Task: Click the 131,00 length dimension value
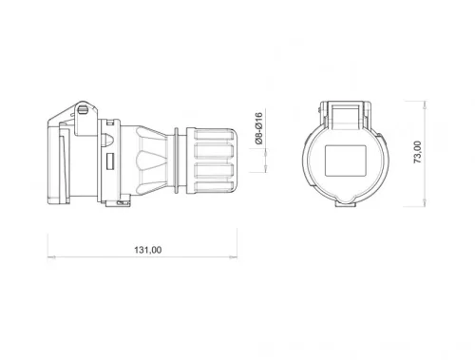click(x=145, y=250)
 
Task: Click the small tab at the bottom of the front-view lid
click(x=344, y=200)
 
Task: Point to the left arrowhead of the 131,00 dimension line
click(x=49, y=257)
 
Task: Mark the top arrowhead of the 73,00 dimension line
click(x=425, y=102)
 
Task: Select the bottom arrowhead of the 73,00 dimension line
click(x=425, y=204)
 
